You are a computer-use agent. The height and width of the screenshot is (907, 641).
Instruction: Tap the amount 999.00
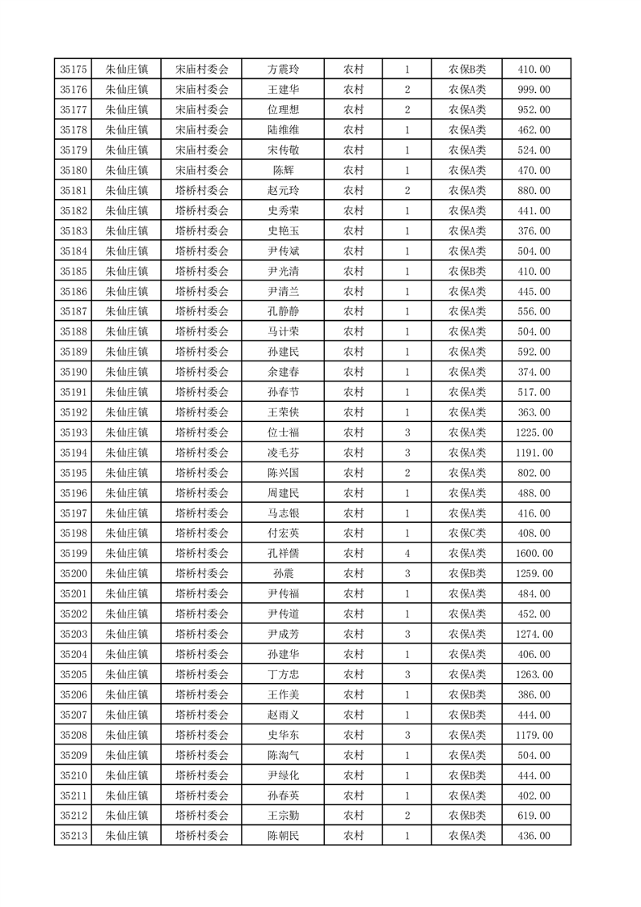click(533, 90)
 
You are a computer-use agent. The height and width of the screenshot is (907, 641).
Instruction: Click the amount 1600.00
click(533, 554)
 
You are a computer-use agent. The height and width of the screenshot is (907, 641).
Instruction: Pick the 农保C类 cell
click(467, 534)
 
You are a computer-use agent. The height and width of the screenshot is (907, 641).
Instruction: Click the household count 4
click(407, 554)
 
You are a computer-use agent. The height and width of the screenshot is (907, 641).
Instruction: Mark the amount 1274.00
click(533, 635)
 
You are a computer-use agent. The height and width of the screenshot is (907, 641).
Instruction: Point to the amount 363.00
click(533, 412)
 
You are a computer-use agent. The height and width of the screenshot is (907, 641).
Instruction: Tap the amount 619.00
click(533, 816)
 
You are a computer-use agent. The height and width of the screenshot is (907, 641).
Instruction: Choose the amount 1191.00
click(533, 453)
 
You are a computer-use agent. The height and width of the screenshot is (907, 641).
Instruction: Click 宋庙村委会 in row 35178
click(202, 130)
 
